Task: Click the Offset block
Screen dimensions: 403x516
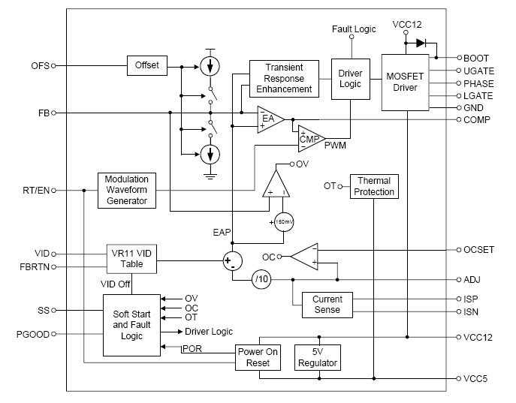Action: click(147, 65)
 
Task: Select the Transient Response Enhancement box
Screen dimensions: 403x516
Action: click(281, 79)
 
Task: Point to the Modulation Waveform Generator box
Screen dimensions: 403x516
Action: click(126, 191)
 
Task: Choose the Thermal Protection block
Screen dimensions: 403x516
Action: click(374, 186)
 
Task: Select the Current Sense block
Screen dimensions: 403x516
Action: click(327, 304)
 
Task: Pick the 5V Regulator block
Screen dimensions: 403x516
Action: click(318, 357)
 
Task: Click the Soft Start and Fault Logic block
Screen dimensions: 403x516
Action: click(131, 325)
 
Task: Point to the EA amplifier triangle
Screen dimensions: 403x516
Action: click(269, 119)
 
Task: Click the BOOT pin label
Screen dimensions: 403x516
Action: click(476, 58)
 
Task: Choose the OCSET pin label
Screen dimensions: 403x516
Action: click(478, 249)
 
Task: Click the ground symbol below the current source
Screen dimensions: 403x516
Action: click(211, 176)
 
